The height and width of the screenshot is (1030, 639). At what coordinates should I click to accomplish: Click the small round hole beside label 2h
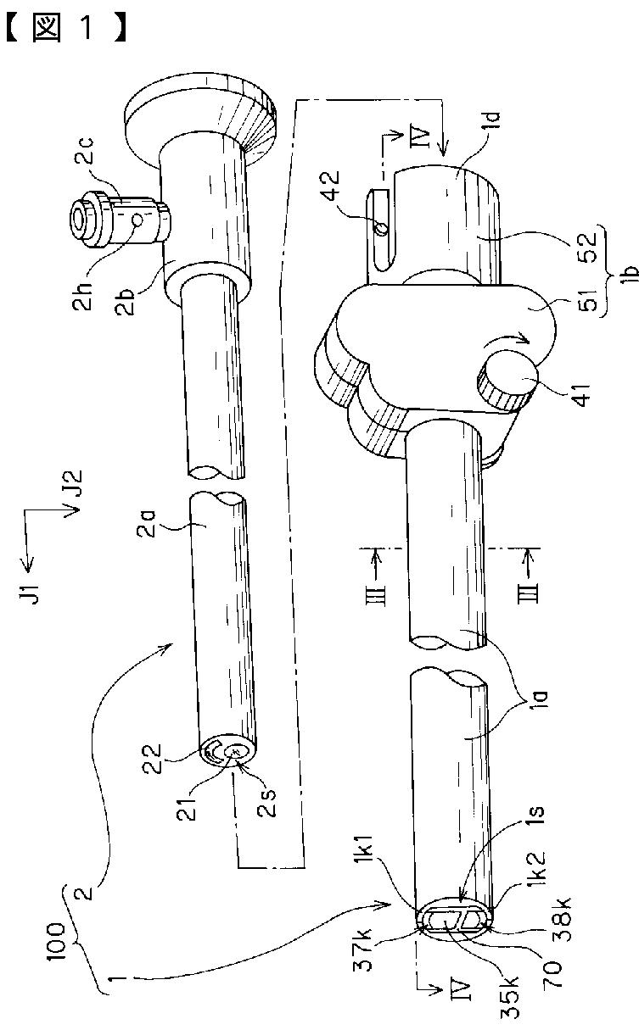(x=137, y=220)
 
